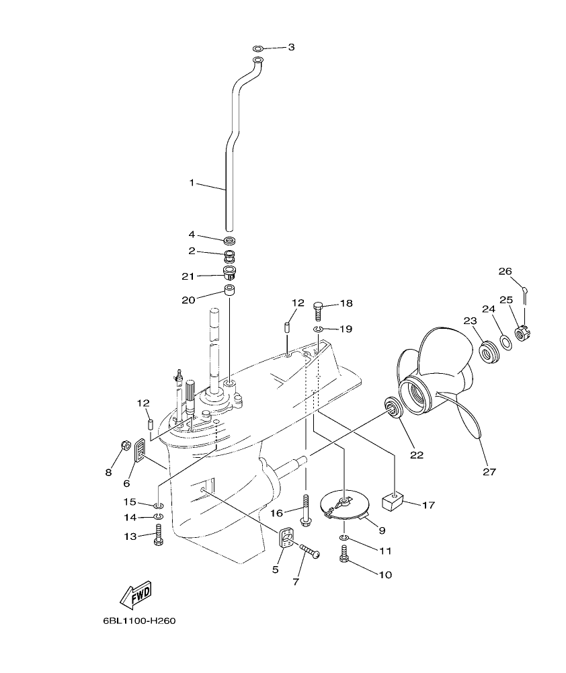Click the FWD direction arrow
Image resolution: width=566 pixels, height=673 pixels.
136,594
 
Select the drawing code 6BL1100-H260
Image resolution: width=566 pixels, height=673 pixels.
139,621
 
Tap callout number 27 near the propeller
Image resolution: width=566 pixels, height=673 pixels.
490,472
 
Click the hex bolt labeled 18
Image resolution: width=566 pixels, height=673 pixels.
319,310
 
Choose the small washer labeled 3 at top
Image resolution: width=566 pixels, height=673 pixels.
259,48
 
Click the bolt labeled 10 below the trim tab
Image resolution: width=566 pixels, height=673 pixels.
344,555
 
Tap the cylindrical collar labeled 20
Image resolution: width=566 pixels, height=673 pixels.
229,292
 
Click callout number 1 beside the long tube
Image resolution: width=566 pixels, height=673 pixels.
192,183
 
